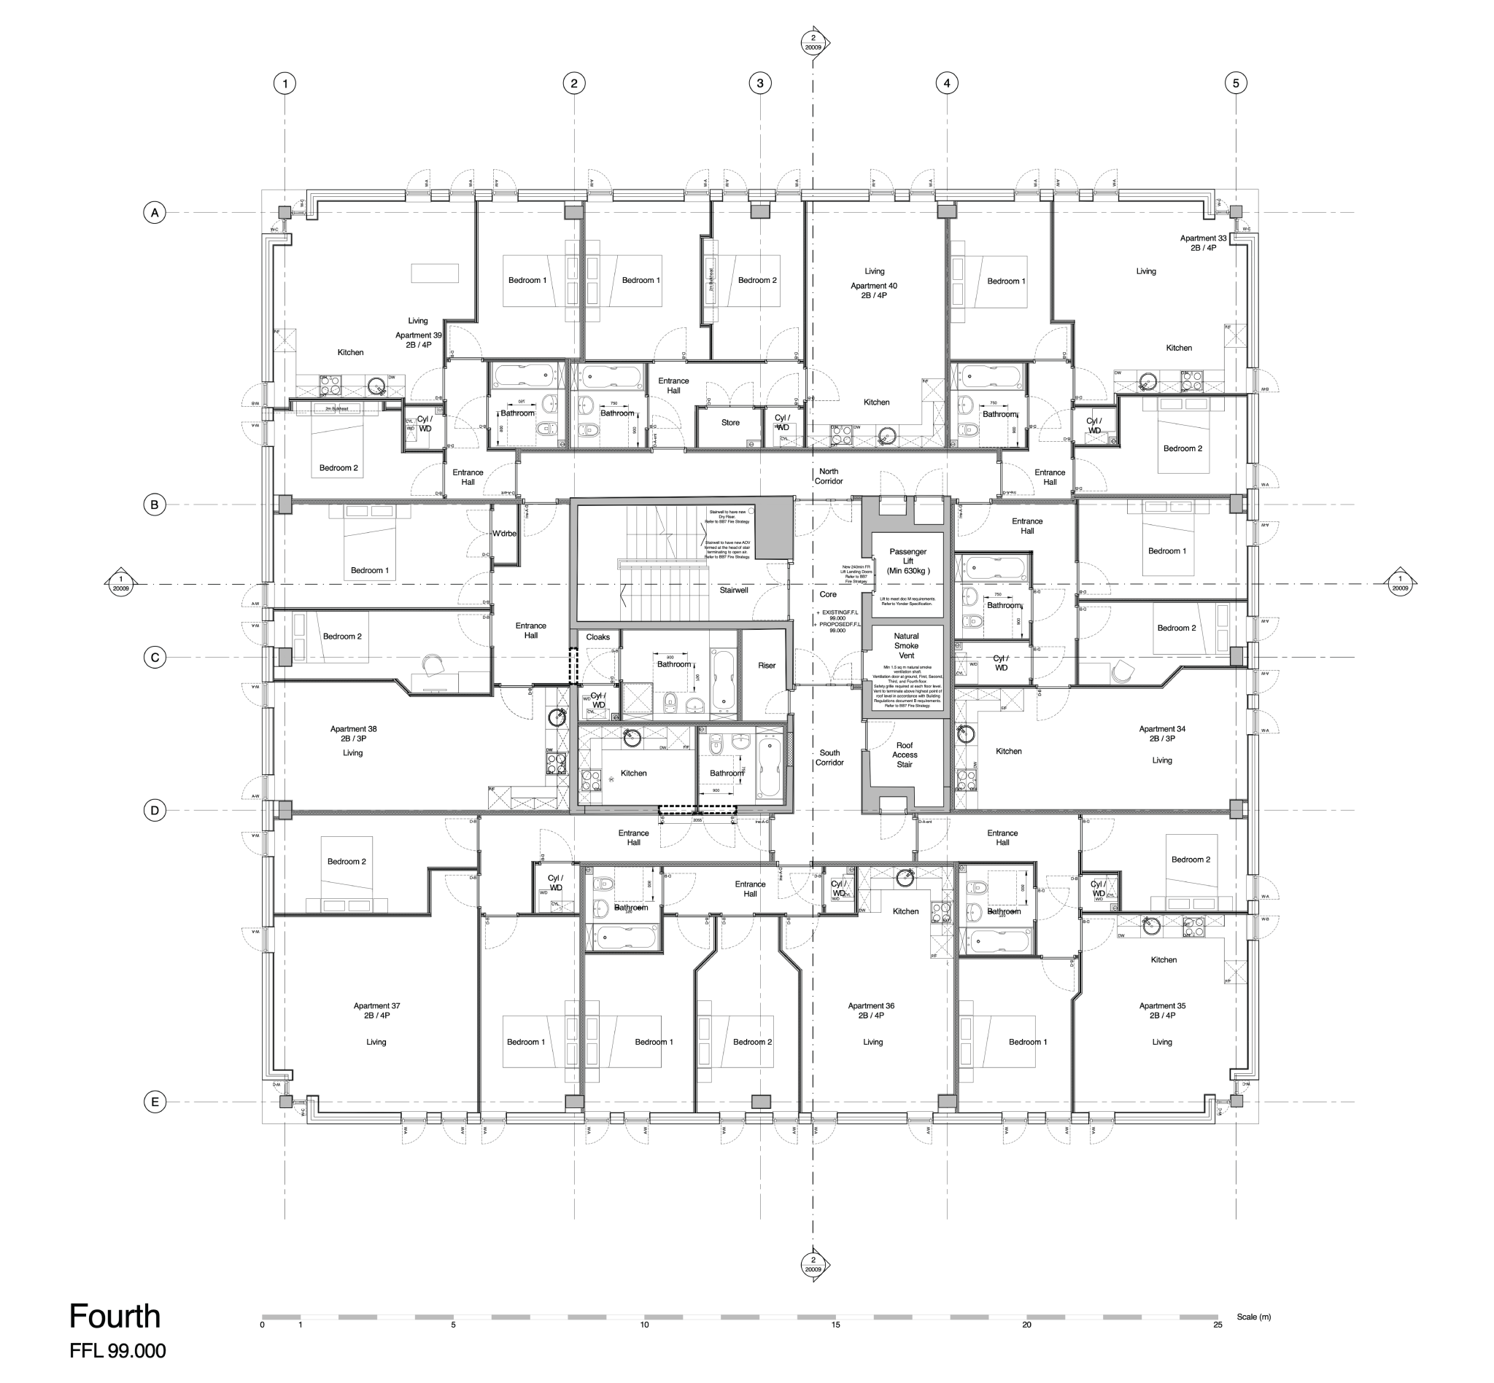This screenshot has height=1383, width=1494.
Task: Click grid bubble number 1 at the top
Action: click(x=285, y=83)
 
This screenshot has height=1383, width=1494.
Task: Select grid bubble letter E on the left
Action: click(x=154, y=1102)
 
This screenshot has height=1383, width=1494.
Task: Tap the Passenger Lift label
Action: click(x=907, y=561)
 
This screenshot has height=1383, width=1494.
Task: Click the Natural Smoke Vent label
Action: click(x=906, y=646)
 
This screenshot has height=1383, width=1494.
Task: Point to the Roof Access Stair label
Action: click(x=905, y=755)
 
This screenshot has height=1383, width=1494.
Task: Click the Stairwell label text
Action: click(x=734, y=591)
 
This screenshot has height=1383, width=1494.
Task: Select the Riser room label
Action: click(x=767, y=666)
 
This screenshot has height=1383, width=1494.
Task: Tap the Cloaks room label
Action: click(x=597, y=638)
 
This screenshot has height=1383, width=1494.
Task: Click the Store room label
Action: click(x=730, y=423)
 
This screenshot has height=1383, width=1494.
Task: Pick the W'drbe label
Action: click(x=504, y=534)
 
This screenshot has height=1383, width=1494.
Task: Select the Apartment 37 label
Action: click(x=376, y=1011)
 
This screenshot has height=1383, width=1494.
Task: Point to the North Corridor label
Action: click(x=828, y=477)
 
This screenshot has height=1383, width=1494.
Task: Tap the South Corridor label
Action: click(x=829, y=758)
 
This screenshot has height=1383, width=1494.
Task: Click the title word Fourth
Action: click(x=115, y=1317)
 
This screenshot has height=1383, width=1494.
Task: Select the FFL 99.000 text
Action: click(x=117, y=1351)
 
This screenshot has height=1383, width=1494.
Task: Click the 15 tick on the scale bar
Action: click(x=835, y=1325)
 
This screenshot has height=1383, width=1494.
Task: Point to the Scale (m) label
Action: click(x=1253, y=1317)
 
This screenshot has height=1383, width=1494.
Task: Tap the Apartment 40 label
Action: click(x=873, y=290)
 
